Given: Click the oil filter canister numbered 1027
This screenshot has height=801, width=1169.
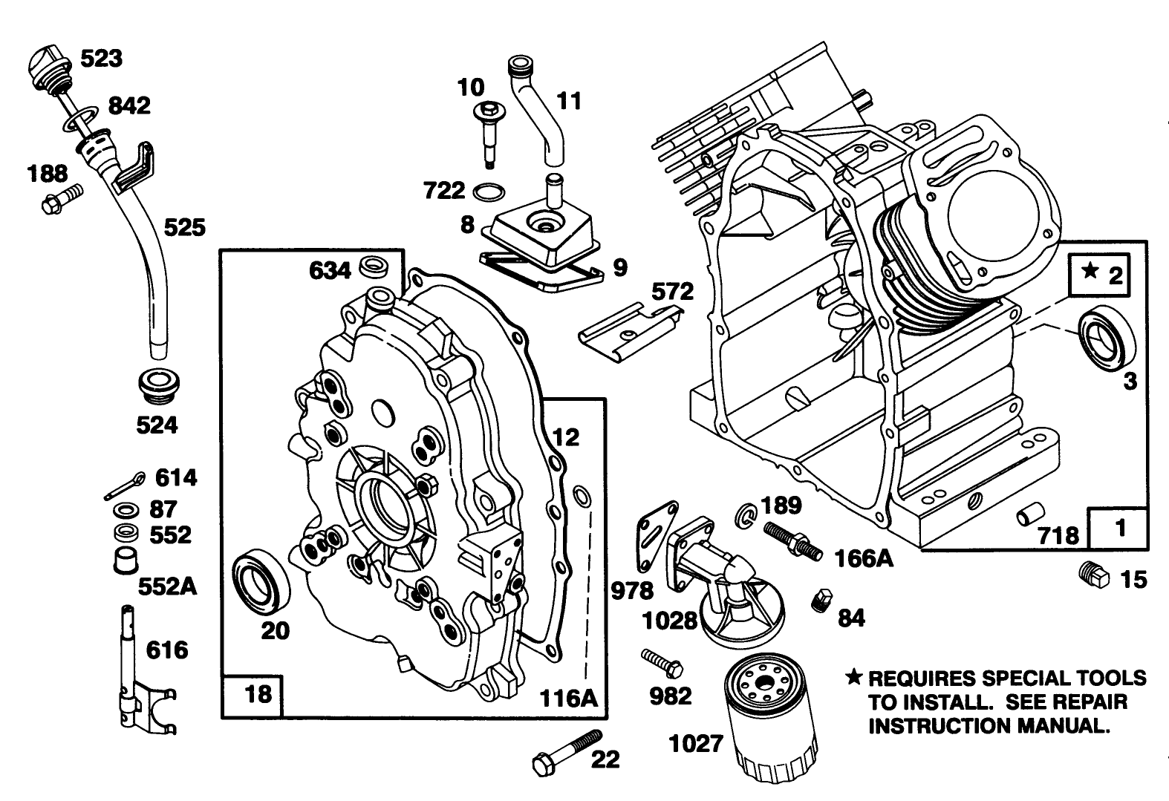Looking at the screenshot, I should pos(773,720).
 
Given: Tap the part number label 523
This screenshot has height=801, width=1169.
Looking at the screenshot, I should pos(101,58).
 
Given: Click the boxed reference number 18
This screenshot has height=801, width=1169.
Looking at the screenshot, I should pos(258,695).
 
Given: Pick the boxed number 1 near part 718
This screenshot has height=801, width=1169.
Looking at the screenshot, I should pos(1121,529).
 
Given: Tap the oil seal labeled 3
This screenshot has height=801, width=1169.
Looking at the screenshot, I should pos(1106,341).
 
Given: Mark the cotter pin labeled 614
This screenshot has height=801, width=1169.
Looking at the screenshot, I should pos(123,485).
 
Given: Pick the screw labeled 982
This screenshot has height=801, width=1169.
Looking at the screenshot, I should pos(663,662).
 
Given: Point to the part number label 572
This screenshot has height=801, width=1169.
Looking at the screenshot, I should pos(673,292).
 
